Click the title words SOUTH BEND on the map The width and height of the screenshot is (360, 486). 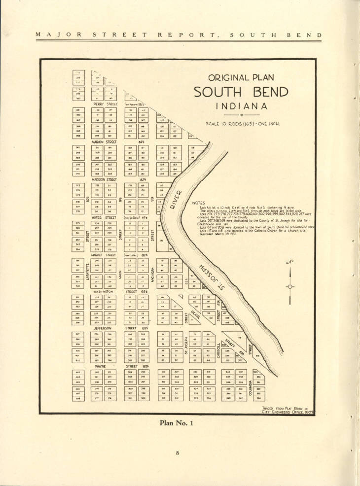pos(241,93)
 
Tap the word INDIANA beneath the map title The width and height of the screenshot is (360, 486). pos(241,106)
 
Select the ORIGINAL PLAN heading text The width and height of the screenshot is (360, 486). pos(241,78)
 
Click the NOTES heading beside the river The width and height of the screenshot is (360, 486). pos(198,203)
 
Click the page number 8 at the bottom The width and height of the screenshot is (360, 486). pos(180,452)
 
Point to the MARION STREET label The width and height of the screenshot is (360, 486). pos(104,142)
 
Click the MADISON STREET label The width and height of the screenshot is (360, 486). pos(104,179)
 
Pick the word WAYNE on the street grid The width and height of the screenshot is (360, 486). pos(101,366)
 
